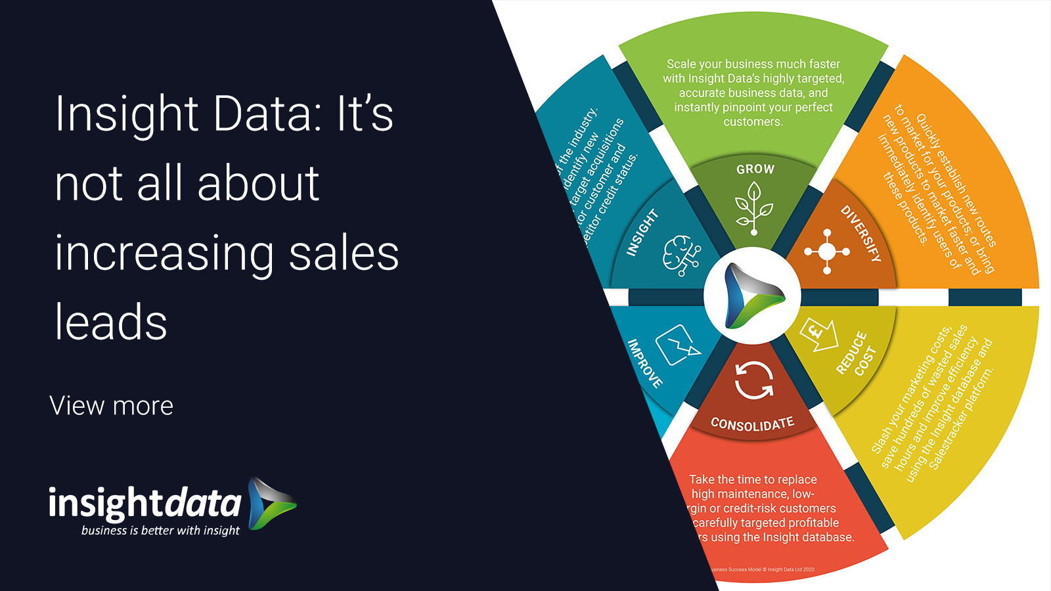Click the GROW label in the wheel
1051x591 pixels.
tap(755, 169)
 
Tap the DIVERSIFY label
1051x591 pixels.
tap(861, 234)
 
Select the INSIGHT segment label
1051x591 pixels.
tap(642, 232)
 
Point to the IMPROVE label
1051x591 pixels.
tap(644, 363)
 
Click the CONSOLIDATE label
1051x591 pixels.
tap(752, 424)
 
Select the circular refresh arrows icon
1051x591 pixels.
tap(753, 380)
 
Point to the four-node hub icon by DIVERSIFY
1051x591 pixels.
tap(827, 252)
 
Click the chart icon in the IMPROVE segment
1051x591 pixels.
tap(677, 344)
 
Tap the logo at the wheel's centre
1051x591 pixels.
tap(752, 296)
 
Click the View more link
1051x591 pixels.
tap(112, 406)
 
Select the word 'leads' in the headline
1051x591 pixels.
tap(111, 322)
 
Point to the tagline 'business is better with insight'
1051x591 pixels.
tap(160, 531)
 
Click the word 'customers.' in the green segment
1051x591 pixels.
tap(753, 122)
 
